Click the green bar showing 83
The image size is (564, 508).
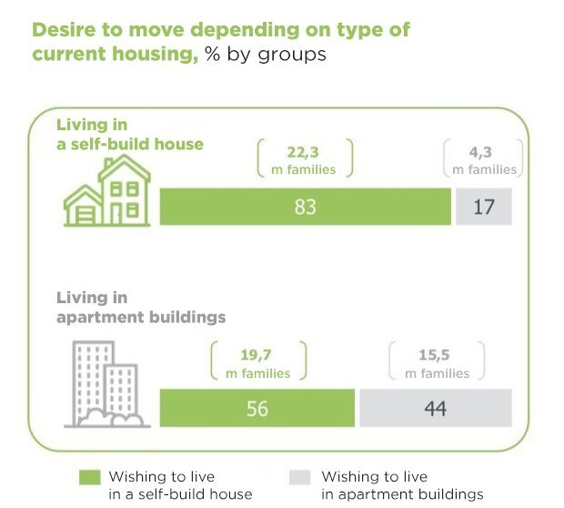tap(306, 207)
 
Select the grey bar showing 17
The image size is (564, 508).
tap(483, 207)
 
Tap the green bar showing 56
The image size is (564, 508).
tap(257, 409)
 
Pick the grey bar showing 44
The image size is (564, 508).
tap(435, 409)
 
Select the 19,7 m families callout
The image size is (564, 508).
tap(257, 362)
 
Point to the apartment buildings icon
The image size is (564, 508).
tap(104, 383)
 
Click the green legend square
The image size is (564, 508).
tap(89, 477)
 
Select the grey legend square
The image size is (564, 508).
tap(298, 477)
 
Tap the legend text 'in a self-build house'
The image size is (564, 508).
tap(180, 494)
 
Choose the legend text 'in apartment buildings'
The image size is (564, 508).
tap(402, 494)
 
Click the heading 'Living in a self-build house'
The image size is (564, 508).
tap(130, 134)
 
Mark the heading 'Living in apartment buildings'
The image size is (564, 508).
tap(141, 308)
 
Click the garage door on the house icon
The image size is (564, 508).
tap(82, 215)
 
